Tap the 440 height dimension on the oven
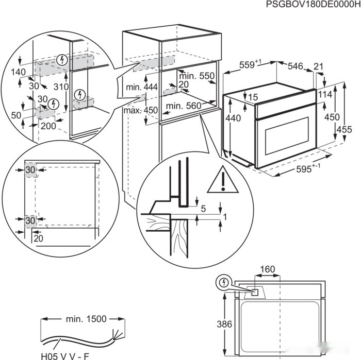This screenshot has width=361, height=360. point(233,118)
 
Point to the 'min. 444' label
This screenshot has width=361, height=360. point(141,88)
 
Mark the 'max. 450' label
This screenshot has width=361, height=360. point(141,110)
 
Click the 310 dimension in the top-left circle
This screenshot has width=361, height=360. point(61,88)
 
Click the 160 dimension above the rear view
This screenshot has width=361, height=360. point(267,269)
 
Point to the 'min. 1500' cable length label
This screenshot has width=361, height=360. point(86,319)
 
